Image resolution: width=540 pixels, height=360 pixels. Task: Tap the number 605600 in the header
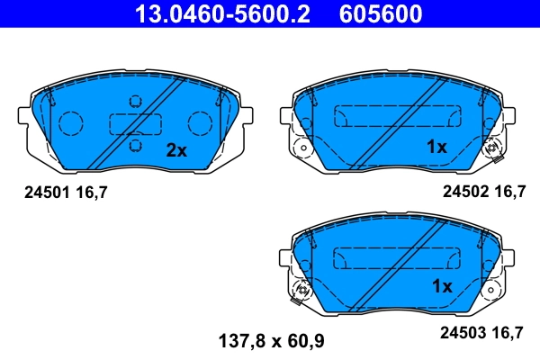(x=379, y=13)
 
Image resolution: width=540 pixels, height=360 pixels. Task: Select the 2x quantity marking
(x=176, y=150)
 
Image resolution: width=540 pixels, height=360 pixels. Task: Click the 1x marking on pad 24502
(x=436, y=148)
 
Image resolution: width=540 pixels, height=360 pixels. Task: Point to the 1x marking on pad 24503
(x=441, y=287)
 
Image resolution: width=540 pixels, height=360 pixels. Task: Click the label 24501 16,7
(x=58, y=192)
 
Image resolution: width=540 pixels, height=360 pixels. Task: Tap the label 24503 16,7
(x=482, y=333)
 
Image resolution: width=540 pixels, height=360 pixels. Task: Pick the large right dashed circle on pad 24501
(x=199, y=121)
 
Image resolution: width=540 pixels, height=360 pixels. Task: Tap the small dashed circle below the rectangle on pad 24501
(x=134, y=145)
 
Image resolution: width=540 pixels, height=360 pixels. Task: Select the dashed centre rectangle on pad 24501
(x=134, y=123)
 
